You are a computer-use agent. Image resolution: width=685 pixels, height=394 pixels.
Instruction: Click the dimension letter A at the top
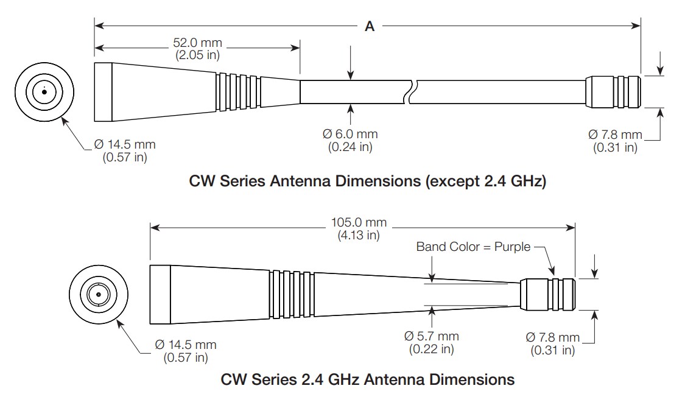369,26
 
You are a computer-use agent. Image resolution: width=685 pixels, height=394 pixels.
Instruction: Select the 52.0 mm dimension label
198,49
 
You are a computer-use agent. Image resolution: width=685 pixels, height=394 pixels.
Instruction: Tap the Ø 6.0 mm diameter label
350,140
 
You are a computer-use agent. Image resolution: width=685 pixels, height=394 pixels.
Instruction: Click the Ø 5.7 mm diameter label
432,342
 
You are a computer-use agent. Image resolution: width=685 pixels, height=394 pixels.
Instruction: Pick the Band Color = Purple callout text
473,247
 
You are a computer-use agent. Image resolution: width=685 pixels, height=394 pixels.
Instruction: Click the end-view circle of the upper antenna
44,93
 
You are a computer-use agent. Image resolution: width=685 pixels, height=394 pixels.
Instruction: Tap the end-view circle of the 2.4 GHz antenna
98,295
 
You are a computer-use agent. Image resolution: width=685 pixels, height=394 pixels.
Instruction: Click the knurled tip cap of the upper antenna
613,92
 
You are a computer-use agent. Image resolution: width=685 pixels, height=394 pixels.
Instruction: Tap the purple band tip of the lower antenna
548,295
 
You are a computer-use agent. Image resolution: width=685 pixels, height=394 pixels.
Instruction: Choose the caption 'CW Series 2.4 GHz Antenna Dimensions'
367,379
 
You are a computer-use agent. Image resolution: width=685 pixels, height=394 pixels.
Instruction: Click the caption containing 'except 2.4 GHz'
367,181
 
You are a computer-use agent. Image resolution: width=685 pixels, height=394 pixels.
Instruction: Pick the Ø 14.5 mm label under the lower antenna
186,351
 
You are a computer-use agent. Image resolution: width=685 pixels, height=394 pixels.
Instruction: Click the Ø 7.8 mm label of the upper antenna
615,140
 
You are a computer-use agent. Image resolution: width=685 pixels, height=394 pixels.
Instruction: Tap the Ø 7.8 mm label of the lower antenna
552,343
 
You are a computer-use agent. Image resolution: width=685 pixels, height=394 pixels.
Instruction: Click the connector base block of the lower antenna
160,295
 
